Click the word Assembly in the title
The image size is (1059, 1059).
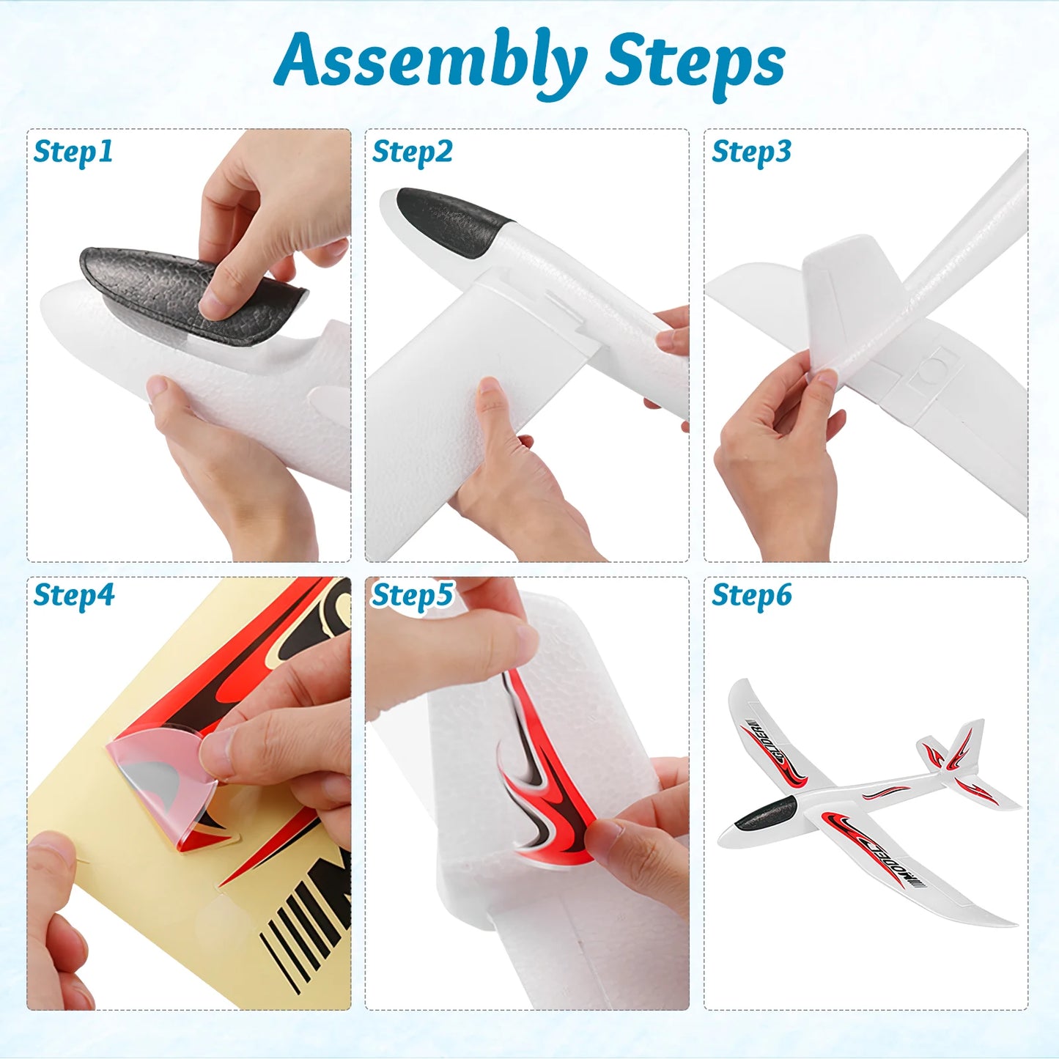(x=431, y=62)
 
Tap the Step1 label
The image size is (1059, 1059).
(x=73, y=152)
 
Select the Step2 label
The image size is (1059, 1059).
(x=412, y=152)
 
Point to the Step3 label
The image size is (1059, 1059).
(x=751, y=152)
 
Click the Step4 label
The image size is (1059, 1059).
(x=73, y=595)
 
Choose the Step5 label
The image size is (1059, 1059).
(x=412, y=595)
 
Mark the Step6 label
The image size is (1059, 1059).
(x=751, y=595)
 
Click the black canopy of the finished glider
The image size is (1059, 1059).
(x=766, y=813)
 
